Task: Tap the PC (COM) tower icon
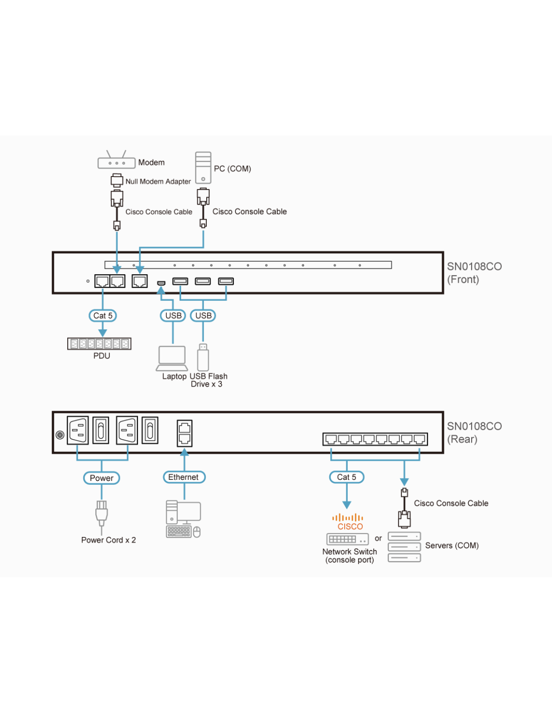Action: [203, 167]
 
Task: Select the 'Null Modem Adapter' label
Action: [158, 182]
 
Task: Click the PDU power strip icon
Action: [99, 343]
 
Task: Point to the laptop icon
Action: [172, 359]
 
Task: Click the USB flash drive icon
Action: [203, 358]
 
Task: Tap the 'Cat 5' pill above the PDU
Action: [103, 316]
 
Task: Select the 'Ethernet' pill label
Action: [184, 477]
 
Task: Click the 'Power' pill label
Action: [101, 478]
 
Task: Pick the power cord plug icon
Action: [101, 513]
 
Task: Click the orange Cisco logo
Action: [348, 521]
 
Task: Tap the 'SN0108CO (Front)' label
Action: [474, 273]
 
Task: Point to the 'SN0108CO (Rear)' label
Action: [474, 432]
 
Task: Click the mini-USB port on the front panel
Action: [161, 283]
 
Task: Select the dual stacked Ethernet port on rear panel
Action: [185, 433]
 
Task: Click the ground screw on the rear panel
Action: [60, 435]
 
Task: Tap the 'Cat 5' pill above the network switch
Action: [347, 477]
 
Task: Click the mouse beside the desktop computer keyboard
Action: [197, 532]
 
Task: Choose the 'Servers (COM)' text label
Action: [452, 546]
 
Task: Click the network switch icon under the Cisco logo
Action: [347, 539]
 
